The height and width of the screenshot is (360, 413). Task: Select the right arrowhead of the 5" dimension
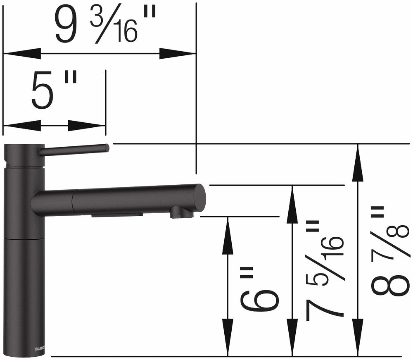click(87, 126)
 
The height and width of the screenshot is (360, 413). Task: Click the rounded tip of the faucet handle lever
click(106, 148)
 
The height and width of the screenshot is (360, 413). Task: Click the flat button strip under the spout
click(117, 215)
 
